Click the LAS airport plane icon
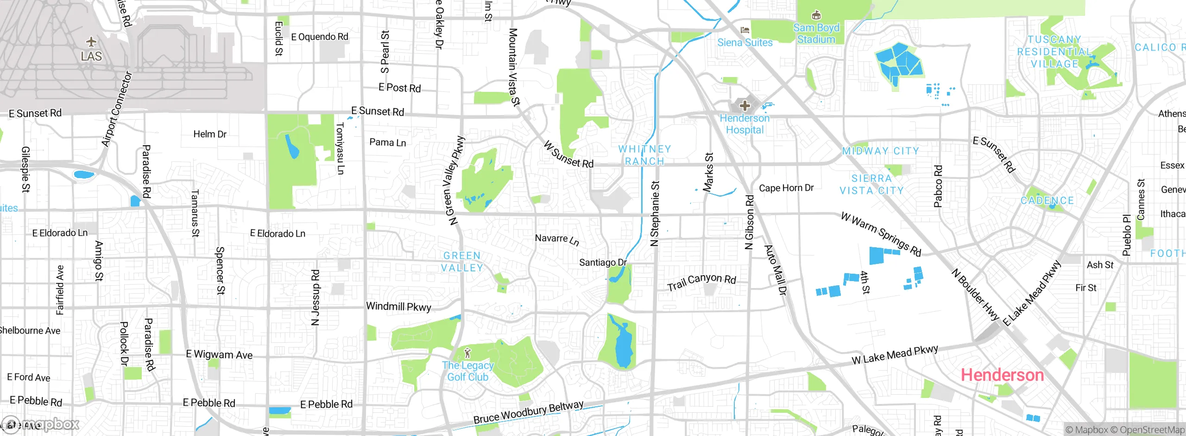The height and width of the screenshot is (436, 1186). [x=91, y=42]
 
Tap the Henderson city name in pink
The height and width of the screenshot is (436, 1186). [x=1002, y=375]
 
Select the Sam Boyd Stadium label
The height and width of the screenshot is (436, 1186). [x=816, y=33]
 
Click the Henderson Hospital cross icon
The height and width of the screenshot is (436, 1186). [x=744, y=105]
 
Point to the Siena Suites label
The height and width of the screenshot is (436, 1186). [x=744, y=42]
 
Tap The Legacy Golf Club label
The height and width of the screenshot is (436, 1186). [x=468, y=371]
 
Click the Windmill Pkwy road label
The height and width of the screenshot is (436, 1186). [x=398, y=307]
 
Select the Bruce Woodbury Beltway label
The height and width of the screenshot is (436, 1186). [x=528, y=412]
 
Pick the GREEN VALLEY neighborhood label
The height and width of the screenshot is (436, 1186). [x=462, y=262]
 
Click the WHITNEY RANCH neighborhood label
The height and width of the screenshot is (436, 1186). [x=644, y=155]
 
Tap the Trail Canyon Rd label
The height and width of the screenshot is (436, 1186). [x=701, y=281]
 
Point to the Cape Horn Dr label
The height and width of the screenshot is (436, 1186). [x=786, y=188]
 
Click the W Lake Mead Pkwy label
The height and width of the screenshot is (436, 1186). [x=895, y=355]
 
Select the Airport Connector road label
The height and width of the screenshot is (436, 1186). [x=117, y=109]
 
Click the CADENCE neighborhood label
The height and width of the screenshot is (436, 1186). [x=1047, y=200]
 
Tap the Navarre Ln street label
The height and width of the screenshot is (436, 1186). [x=556, y=239]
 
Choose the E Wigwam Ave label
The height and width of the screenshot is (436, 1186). [x=219, y=355]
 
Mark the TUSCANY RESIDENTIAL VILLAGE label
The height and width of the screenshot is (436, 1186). [x=1054, y=51]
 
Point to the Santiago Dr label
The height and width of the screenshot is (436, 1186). [x=603, y=263]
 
